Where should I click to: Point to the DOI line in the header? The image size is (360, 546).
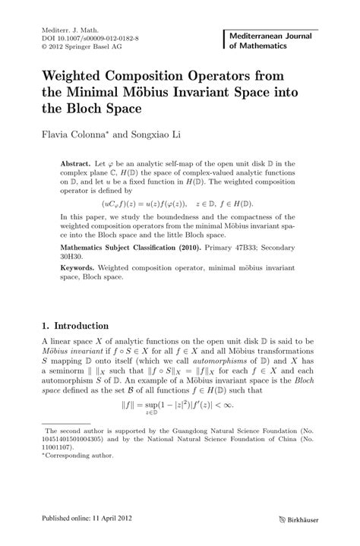79,36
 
